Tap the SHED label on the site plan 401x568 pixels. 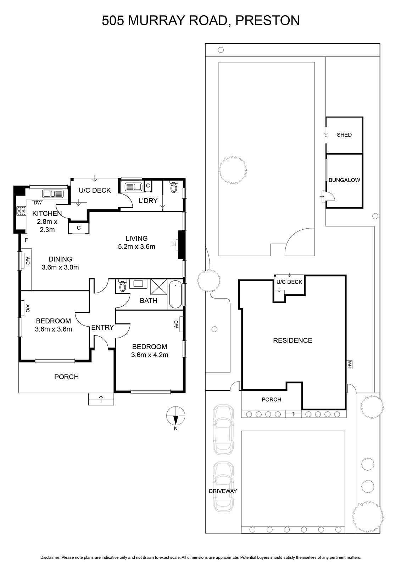coord(344,135)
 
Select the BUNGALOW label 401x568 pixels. coord(344,180)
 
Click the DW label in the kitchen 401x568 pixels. coord(38,203)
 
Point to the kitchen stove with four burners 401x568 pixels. coord(21,211)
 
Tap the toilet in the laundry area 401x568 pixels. coord(173,187)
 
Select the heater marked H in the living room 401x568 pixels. coord(174,244)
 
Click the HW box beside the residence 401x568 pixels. coord(350,365)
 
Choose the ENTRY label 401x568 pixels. coord(102,327)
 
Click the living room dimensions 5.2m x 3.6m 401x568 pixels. coord(137,246)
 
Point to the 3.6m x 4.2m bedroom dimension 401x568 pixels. coord(149,355)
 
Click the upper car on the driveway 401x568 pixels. coord(223,429)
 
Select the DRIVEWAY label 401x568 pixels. coord(223,491)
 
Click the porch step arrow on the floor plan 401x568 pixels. coord(101,399)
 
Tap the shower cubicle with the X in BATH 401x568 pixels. coord(159,287)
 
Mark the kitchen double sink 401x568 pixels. coord(52,194)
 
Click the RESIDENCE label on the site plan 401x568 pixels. coord(293,340)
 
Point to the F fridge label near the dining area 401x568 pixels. coord(26,240)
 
